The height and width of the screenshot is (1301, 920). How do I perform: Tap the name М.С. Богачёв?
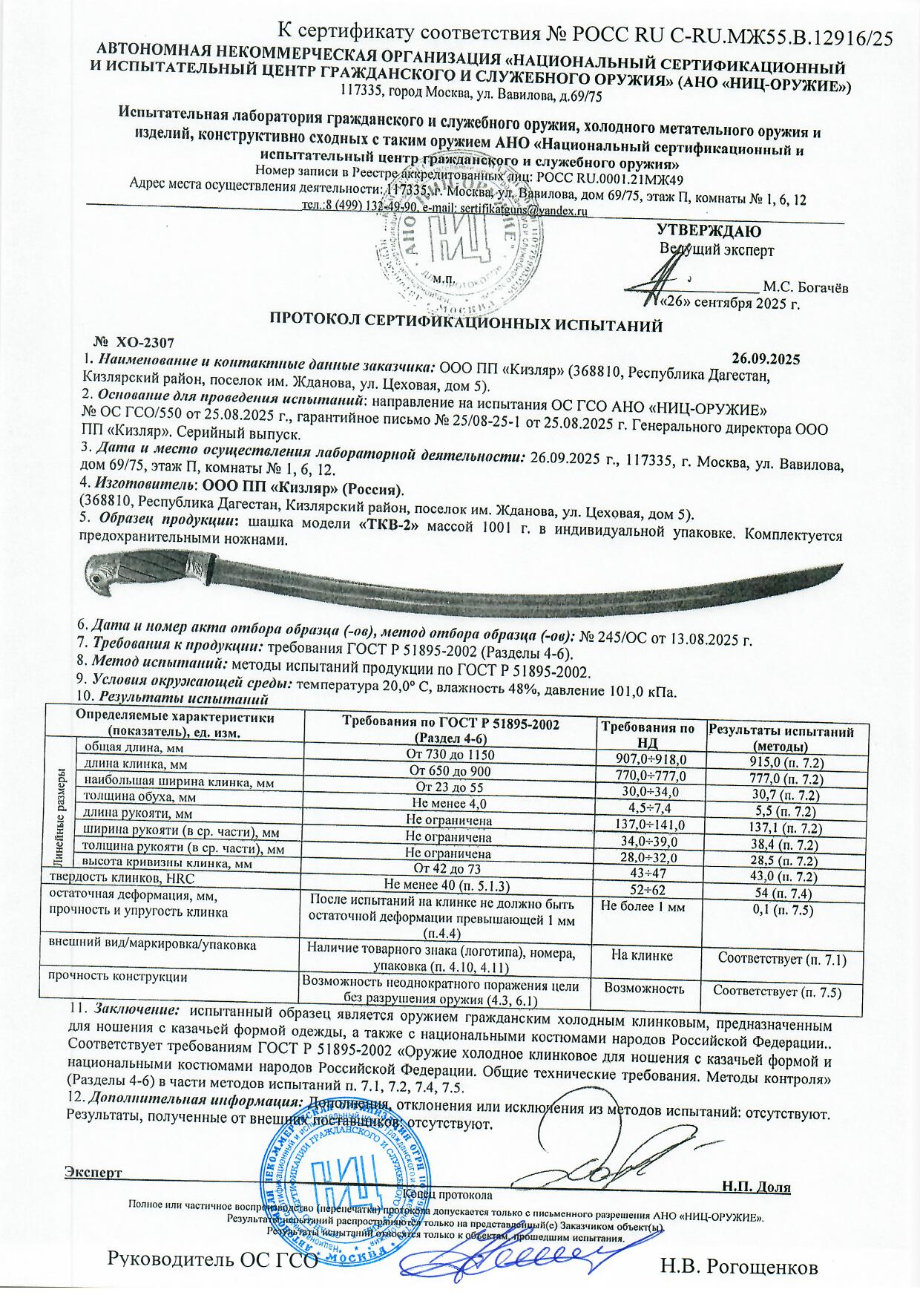(806, 287)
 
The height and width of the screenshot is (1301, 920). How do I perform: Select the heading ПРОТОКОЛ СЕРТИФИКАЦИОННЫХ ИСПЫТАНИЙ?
(465, 323)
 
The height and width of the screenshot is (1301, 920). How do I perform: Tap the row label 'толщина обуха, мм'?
(139, 796)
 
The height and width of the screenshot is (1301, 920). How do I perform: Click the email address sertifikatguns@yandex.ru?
(524, 211)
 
